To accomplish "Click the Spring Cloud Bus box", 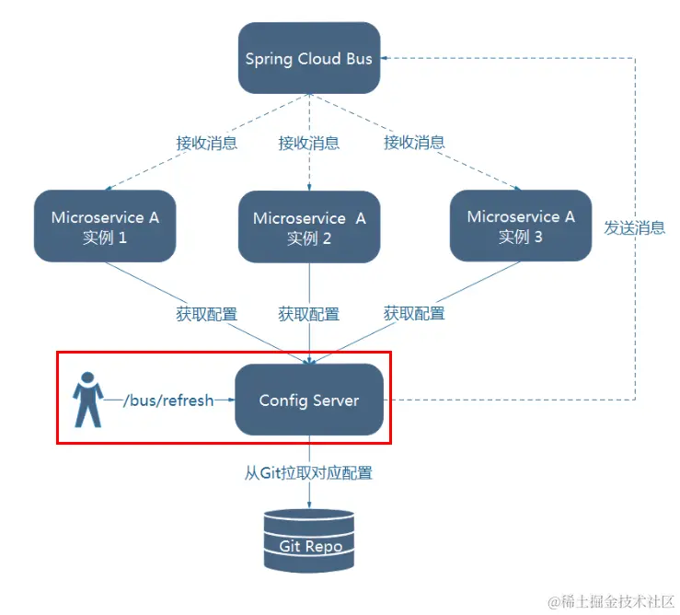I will coord(308,58).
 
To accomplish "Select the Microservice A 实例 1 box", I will coord(104,226).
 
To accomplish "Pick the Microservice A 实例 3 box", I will coord(521,226).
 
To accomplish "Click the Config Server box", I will coord(308,400).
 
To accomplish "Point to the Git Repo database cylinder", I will coord(309,540).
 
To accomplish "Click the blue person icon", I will coord(87,400).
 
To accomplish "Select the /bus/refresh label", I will coord(170,400).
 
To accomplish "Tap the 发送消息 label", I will coord(635,227).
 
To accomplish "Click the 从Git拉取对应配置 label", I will coord(308,473).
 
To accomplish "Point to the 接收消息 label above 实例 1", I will coord(206,143).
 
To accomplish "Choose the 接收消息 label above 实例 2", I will coord(308,143).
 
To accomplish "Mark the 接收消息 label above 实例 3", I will coord(414,143).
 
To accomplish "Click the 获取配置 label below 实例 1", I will coord(206,314).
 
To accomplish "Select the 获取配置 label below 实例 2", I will coord(308,314).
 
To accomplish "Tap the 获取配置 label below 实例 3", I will coord(414,314).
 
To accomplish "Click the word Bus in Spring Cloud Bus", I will coord(360,59).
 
